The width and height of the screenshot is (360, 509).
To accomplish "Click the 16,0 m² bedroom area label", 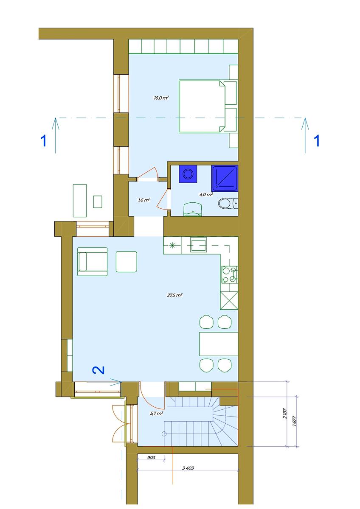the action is tap(161, 98).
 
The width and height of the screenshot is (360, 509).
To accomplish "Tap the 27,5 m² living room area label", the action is tap(174, 295).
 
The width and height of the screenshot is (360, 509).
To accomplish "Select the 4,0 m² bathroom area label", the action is tap(206, 195).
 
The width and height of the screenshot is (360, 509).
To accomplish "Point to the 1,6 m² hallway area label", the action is tap(144, 200).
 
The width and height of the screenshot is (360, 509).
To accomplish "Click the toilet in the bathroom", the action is tap(228, 203).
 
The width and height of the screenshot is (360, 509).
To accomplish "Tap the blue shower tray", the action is tap(225, 179).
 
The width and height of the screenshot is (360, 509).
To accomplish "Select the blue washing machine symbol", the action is tap(188, 174).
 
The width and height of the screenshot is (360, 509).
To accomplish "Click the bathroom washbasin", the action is tap(193, 210).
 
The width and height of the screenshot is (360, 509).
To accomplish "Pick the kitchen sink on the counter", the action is tap(199, 245).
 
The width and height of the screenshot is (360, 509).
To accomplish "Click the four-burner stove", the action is tap(229, 275).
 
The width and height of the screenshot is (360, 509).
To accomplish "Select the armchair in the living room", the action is tap(92, 262).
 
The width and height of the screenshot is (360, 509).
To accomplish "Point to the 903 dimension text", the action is tap(151, 458).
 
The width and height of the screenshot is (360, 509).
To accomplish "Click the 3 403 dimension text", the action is tap(188, 468).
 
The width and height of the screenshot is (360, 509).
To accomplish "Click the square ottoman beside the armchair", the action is tap(127, 262).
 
